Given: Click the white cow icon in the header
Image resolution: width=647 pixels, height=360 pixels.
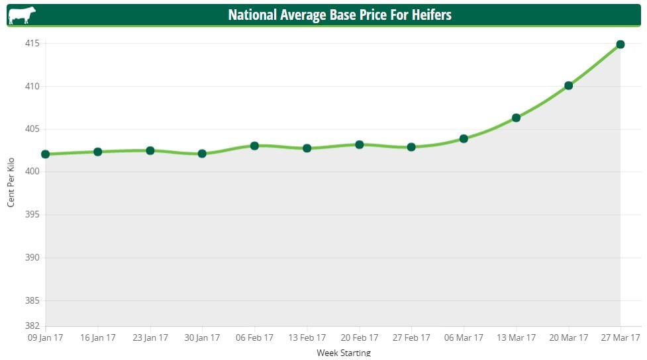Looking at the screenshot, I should [x=23, y=15].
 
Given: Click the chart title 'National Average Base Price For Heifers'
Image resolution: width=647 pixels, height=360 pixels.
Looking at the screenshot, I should [x=340, y=15].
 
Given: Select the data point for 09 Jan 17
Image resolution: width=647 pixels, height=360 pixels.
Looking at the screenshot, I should [x=46, y=154].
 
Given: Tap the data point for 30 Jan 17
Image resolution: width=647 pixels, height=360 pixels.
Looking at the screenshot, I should [x=202, y=154].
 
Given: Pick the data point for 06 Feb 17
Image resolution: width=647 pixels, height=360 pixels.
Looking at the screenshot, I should [x=254, y=146].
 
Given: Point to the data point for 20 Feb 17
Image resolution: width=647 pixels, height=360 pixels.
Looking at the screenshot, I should [x=359, y=144].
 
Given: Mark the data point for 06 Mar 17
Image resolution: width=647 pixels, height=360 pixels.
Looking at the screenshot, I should [x=464, y=138].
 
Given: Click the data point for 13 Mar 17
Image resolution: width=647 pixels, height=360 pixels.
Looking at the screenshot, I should [x=516, y=118].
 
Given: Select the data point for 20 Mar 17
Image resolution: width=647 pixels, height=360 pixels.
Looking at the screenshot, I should [x=568, y=85].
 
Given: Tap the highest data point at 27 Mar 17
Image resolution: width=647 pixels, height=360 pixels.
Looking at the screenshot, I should [x=621, y=44].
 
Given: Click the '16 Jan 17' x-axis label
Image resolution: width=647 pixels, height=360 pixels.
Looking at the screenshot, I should [x=98, y=338].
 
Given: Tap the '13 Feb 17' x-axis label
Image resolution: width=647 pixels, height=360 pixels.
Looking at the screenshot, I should [x=307, y=338].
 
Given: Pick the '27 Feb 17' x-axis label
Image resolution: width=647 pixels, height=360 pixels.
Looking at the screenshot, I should [x=411, y=338].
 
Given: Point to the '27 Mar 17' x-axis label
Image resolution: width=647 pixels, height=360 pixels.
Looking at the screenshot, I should [x=621, y=338].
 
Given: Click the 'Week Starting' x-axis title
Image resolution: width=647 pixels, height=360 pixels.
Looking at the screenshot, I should [x=344, y=353].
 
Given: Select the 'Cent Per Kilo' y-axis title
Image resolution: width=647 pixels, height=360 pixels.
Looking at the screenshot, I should [x=11, y=182].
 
